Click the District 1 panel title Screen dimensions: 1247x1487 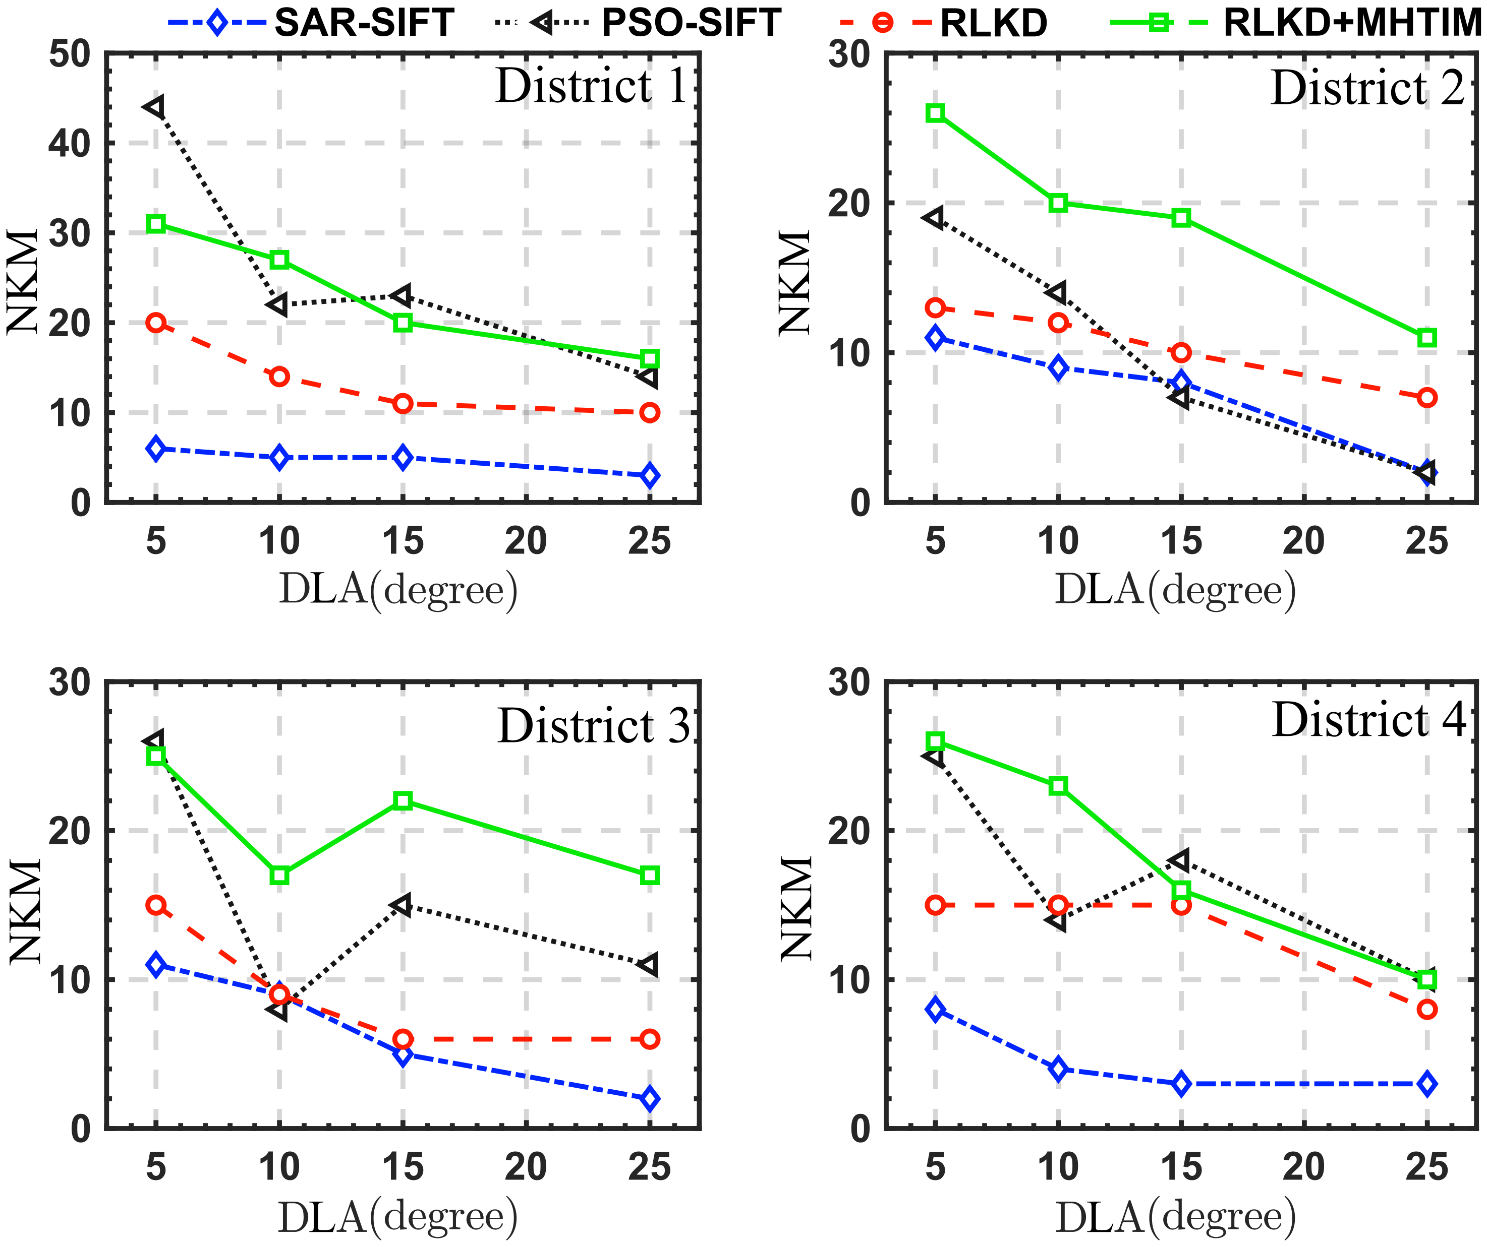591,86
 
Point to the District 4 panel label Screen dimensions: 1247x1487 1368,720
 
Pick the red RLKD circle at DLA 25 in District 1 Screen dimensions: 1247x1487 649,413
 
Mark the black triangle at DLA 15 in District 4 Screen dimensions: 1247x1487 1180,860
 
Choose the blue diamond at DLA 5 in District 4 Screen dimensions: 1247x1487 935,1009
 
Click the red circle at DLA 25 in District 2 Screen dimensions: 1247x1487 1427,398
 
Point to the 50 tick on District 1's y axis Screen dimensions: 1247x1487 70,54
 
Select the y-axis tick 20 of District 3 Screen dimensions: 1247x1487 70,831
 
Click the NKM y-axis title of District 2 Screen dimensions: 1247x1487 794,282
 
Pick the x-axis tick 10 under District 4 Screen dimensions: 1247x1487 1058,1168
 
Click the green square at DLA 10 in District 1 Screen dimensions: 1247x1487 279,260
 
